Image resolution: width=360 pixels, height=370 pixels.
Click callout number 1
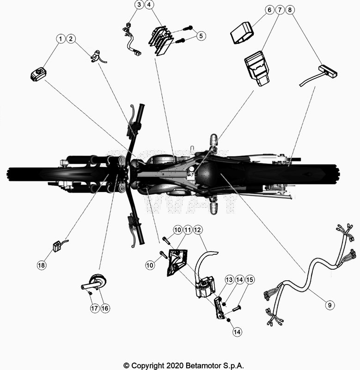coord(61,39)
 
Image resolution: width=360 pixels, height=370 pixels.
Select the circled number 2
coord(71,39)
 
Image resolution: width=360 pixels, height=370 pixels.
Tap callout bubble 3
coord(139,5)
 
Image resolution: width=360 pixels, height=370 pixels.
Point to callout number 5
coord(200,35)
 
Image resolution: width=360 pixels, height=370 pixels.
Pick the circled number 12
coord(197,230)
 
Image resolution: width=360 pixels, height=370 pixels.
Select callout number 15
coord(250,279)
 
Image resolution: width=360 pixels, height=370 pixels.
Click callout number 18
coord(42,265)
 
